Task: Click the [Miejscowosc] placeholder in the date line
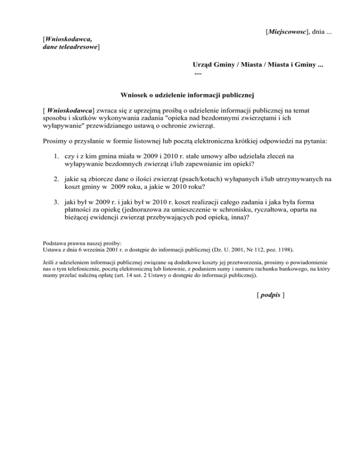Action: (x=286, y=32)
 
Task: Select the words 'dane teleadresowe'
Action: (x=70, y=47)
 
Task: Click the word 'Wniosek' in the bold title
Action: (x=134, y=96)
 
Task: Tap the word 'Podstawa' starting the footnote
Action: (x=55, y=244)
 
